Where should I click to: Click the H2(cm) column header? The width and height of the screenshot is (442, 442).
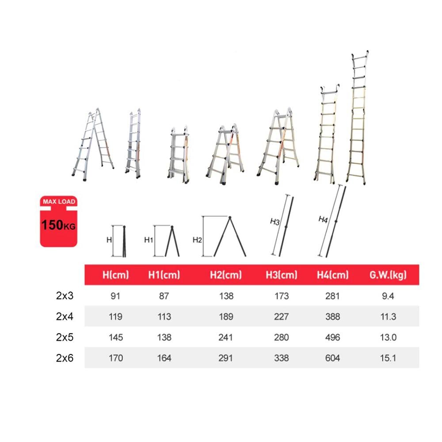[226, 275]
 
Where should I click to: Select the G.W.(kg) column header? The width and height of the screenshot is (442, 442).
[388, 275]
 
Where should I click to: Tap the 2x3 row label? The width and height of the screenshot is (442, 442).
[65, 296]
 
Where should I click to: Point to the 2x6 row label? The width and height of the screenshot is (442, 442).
[65, 358]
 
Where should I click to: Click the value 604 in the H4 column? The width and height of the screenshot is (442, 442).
[333, 358]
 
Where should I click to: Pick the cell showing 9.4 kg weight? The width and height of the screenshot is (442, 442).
[388, 296]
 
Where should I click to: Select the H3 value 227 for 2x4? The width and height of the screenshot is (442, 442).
[281, 316]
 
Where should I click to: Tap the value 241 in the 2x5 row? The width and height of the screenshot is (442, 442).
[226, 337]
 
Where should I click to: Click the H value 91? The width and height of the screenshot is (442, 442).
[115, 296]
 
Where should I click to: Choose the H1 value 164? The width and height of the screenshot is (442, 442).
[164, 358]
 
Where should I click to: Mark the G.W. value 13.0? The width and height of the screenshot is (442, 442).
[388, 337]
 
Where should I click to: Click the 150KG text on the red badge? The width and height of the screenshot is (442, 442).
[58, 225]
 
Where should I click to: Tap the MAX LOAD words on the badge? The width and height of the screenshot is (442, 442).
[59, 202]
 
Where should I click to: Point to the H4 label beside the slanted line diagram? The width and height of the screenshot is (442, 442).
[323, 219]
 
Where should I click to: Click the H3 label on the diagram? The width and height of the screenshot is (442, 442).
[275, 221]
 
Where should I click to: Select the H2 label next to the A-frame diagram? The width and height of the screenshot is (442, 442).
[197, 240]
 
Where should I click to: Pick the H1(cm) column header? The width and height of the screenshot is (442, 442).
[164, 275]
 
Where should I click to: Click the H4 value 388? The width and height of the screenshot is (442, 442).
[333, 316]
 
